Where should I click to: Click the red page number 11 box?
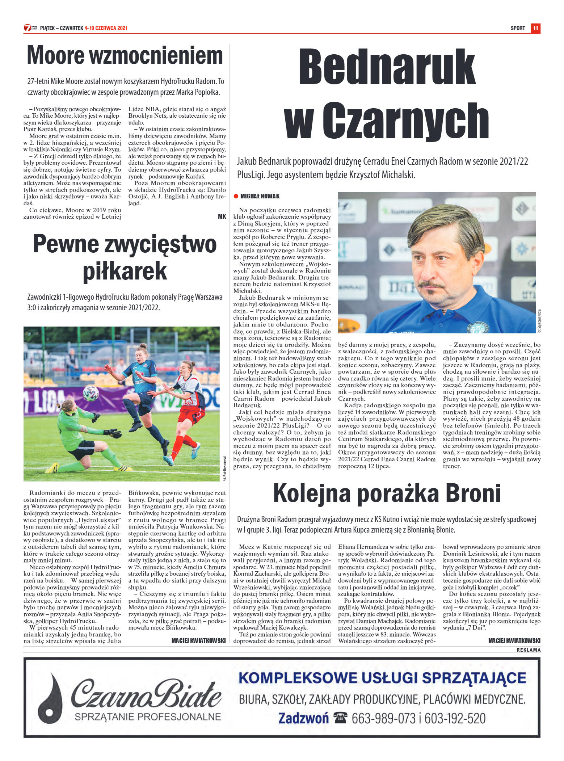pyautogui.click(x=535, y=28)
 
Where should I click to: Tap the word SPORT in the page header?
pyautogui.click(x=518, y=28)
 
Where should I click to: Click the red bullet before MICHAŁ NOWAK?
pyautogui.click(x=236, y=196)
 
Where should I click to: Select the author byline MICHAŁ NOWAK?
pyautogui.click(x=260, y=196)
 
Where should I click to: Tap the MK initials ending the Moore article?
pyautogui.click(x=222, y=216)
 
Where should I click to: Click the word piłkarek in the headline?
pyautogui.click(x=125, y=271)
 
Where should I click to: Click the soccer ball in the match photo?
pyautogui.click(x=91, y=393)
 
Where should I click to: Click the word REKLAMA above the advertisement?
pyautogui.click(x=529, y=650)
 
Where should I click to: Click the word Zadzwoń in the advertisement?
pyautogui.click(x=304, y=718)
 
